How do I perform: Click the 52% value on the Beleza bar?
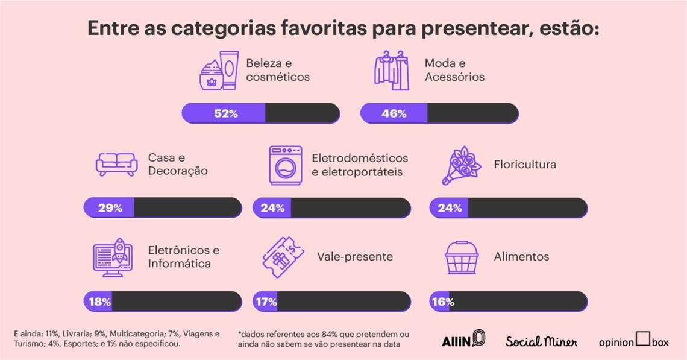226,113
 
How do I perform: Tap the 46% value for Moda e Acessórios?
394,113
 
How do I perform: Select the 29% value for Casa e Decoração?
110,207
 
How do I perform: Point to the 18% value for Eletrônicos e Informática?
99,302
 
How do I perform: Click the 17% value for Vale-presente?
265,302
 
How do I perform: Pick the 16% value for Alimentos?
442,302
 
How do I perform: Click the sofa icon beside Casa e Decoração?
117,164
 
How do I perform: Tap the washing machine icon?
284,165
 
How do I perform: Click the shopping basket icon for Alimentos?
462,257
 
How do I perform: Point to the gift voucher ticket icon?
283,257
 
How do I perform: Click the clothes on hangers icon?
392,71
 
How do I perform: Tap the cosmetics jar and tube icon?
219,71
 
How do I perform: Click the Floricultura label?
524,165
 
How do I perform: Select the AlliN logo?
462,339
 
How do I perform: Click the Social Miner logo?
541,341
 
